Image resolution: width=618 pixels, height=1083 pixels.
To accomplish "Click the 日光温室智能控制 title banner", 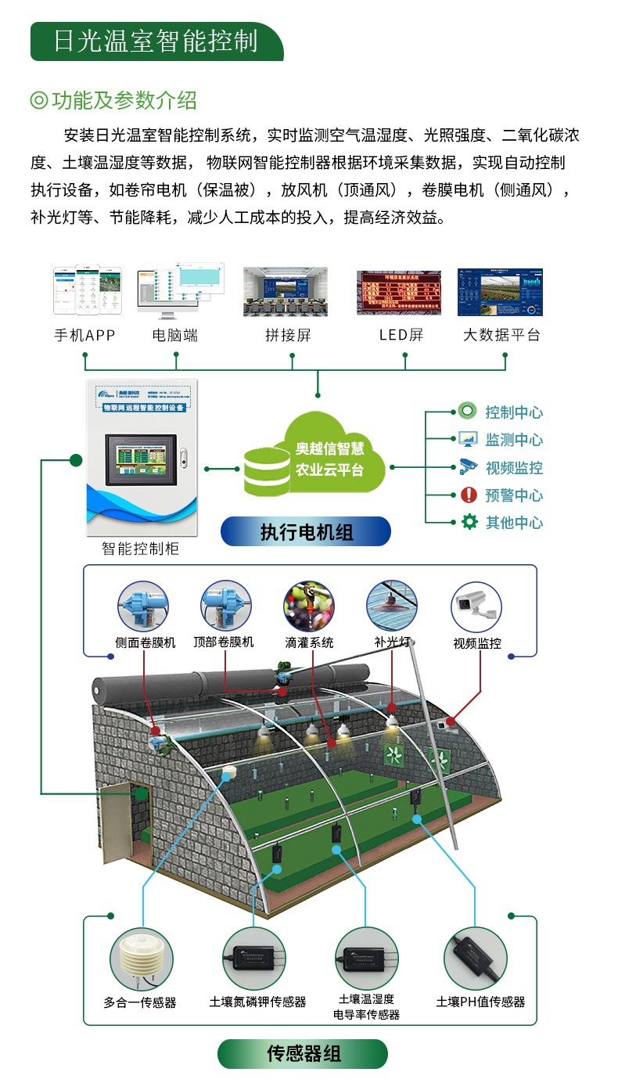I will (156, 41).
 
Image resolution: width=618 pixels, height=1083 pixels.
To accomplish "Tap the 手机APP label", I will (84, 335).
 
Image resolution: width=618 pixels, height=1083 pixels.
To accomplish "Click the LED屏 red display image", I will (399, 293).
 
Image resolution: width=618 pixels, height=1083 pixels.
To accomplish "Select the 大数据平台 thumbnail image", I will (500, 292).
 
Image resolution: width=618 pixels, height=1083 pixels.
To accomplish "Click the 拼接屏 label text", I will (288, 335).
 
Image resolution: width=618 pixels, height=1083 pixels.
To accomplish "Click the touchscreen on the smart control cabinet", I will (143, 458).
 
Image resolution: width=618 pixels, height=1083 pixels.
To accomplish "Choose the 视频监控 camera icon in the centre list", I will (468, 467).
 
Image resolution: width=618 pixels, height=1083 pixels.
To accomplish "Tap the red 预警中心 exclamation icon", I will (469, 495).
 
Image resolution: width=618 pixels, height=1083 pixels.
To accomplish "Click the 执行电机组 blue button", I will (306, 532).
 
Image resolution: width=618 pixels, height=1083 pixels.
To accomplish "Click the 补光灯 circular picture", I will (391, 605).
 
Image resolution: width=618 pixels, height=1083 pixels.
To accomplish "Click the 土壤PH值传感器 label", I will (480, 1002).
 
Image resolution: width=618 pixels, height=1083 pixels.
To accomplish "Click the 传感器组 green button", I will (304, 1053).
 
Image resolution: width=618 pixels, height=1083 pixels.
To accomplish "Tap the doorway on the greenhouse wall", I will (141, 813).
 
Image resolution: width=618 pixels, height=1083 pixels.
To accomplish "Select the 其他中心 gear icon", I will (469, 522).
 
